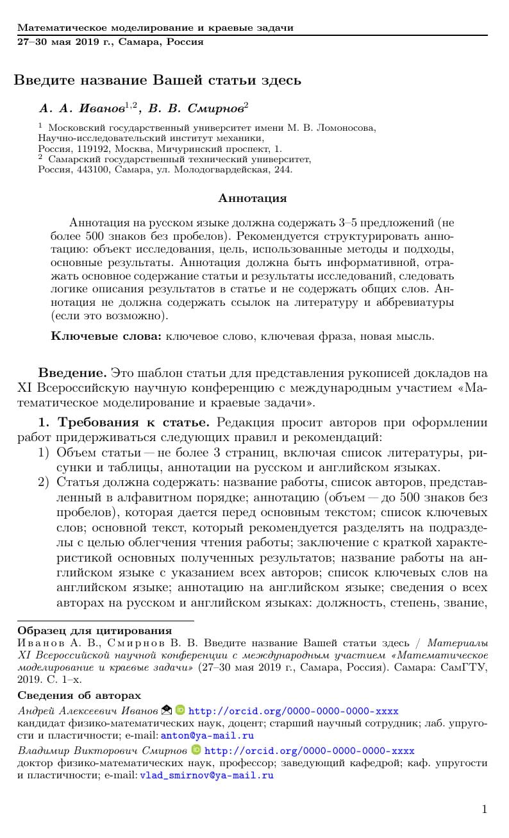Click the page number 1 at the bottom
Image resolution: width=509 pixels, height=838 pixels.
[484, 809]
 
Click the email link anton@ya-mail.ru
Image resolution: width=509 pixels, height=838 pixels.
[207, 735]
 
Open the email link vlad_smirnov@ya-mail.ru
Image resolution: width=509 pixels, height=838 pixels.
[206, 775]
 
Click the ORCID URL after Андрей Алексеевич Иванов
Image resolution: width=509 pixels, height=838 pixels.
[293, 711]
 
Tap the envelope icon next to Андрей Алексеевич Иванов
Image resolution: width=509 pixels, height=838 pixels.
[167, 710]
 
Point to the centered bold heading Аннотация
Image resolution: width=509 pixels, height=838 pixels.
[253, 198]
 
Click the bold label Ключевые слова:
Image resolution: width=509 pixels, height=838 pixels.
[106, 336]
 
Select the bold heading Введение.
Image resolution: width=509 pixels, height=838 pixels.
[72, 373]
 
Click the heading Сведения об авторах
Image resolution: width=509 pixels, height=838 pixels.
[79, 696]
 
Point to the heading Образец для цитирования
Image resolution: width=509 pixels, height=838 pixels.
[94, 631]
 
